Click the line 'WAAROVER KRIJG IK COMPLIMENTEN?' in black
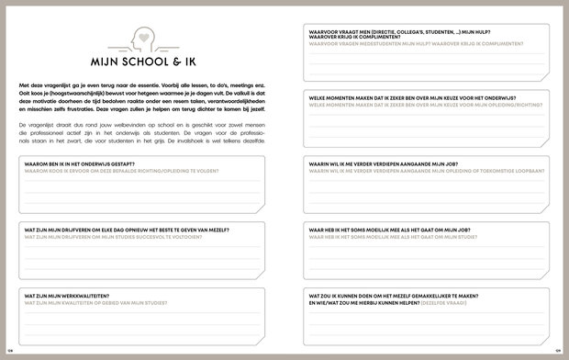tap(351, 38)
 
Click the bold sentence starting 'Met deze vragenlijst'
tap(142, 84)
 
